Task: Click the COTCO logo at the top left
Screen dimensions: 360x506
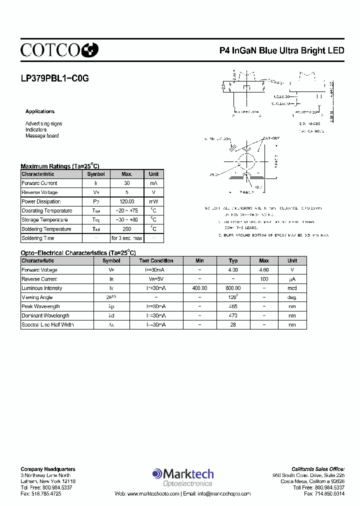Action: pos(59,49)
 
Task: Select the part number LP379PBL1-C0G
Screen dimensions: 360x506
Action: pos(54,78)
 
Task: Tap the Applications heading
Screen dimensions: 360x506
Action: pos(40,111)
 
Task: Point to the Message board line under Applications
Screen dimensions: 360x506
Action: pos(42,135)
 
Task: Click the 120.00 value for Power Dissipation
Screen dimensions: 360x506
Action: pos(127,201)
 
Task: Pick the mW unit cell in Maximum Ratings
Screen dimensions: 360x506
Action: pos(153,201)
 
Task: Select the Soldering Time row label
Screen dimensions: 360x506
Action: pos(38,238)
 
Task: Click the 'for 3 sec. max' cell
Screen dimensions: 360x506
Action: pos(127,238)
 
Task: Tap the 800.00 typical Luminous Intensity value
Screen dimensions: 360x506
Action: pos(233,288)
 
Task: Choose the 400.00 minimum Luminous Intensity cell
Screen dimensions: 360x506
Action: pos(199,288)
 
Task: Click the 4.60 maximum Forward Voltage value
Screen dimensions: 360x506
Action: pos(264,270)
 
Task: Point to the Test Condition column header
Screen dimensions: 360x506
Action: pos(156,260)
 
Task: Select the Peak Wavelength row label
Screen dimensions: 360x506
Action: pos(40,306)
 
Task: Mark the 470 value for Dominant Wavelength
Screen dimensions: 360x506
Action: pos(233,315)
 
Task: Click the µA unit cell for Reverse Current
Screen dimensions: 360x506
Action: pos(292,279)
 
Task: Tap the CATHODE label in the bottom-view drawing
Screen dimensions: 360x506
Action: pos(270,138)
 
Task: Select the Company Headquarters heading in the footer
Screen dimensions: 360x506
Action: pos(48,469)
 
